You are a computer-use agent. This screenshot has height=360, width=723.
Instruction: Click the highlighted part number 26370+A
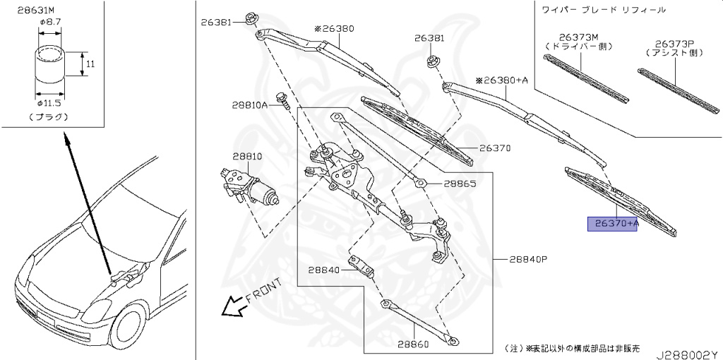613,224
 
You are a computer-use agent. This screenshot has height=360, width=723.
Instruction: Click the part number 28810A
249,105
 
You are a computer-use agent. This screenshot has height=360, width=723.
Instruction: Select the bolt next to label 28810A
282,102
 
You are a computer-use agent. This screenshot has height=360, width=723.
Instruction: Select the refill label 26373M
579,37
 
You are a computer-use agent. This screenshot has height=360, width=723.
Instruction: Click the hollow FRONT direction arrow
230,306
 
